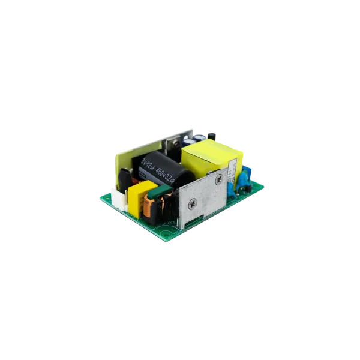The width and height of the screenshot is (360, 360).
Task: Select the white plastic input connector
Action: pos(119,197)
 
